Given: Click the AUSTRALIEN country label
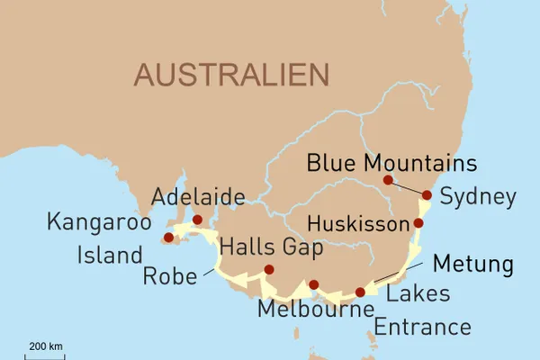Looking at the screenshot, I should click(x=230, y=75).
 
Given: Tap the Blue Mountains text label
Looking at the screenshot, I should click(x=391, y=164).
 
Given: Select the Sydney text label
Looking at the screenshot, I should click(x=479, y=197).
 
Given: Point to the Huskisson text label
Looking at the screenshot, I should click(x=356, y=222).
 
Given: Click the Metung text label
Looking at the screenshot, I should click(x=472, y=265).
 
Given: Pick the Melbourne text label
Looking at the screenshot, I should click(x=315, y=310).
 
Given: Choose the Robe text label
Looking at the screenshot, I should click(x=169, y=275).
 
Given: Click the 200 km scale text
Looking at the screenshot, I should click(x=45, y=346).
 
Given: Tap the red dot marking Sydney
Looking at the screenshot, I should click(x=427, y=194).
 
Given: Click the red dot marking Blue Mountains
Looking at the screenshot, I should click(x=388, y=180).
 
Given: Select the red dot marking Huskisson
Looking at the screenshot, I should click(x=418, y=222).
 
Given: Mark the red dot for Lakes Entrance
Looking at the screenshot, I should click(x=361, y=292).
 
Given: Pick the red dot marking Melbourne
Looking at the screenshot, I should click(x=313, y=284).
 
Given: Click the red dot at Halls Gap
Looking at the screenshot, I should click(x=268, y=269).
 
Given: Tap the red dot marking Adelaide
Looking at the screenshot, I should click(x=197, y=219).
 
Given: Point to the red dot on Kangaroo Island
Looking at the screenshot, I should click(x=167, y=238).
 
